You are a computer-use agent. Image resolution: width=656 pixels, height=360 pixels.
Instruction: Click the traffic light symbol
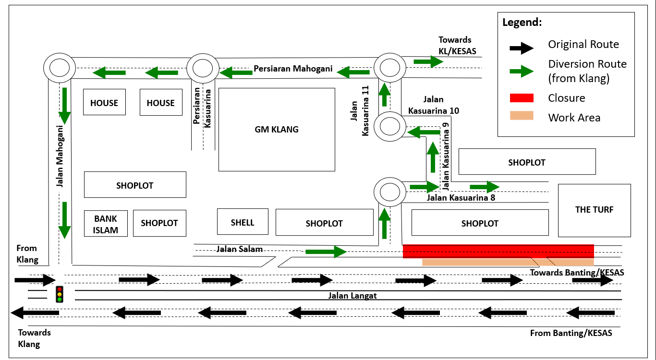(60, 294)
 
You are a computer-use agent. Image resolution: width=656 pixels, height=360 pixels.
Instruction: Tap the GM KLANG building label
(277, 129)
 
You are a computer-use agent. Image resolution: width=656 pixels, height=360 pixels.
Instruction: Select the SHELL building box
(243, 222)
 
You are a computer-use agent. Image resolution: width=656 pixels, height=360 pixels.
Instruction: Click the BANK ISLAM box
(106, 224)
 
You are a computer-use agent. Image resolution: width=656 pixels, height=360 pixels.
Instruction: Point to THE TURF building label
(594, 209)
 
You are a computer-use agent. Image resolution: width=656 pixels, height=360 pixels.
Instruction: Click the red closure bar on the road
(498, 251)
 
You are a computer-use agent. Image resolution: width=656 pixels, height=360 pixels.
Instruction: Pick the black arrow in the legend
(522, 47)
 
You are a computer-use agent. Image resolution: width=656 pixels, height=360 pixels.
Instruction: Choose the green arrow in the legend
(522, 72)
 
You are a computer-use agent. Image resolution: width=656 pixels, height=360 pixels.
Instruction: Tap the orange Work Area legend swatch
(522, 116)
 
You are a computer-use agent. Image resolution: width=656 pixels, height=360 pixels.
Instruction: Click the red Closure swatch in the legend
(522, 98)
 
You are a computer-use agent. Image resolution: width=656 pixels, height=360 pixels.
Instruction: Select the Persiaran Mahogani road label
(293, 69)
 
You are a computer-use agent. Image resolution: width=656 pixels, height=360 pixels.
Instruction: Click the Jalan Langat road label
(352, 296)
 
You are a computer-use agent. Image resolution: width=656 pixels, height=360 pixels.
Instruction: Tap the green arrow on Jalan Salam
(326, 251)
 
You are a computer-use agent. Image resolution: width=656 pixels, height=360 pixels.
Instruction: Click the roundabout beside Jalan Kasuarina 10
(390, 127)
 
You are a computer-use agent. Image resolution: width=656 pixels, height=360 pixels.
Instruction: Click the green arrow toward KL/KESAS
(428, 61)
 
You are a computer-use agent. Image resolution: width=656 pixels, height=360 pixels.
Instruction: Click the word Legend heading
(522, 23)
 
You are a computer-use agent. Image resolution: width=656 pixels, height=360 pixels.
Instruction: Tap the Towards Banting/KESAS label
(577, 273)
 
